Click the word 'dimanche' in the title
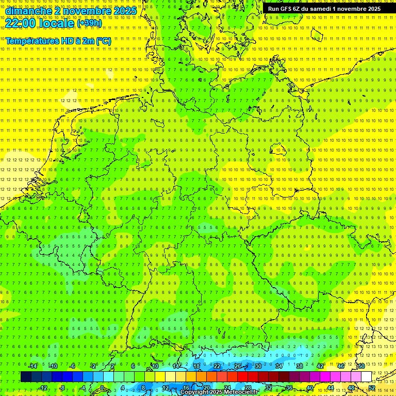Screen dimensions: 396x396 [26, 10]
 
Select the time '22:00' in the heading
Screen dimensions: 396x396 [20, 23]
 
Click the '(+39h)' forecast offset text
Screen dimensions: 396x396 [89, 23]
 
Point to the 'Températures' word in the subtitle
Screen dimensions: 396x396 [31, 41]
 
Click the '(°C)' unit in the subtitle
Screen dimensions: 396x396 [103, 41]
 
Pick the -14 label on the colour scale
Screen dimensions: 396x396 [34, 366]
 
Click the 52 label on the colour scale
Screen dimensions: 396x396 [372, 388]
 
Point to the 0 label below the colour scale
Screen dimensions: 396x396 [102, 388]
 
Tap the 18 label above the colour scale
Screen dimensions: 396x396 [196, 366]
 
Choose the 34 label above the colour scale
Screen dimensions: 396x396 [278, 366]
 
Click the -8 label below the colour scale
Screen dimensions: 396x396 [62, 388]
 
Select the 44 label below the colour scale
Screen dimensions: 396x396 [331, 388]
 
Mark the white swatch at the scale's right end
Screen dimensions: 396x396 [366, 377]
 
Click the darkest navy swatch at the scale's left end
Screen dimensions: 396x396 [26, 377]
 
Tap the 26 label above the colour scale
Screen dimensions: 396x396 [238, 366]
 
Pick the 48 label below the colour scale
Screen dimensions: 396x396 [351, 388]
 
